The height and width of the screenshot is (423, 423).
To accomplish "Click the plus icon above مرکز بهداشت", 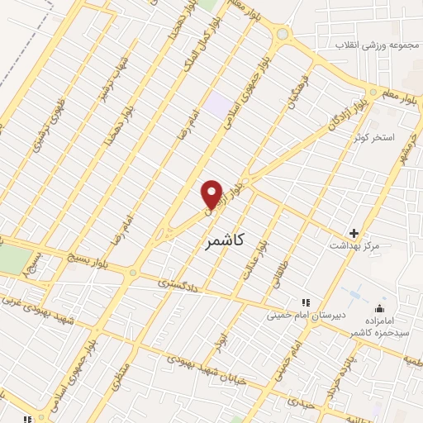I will tap(354, 233).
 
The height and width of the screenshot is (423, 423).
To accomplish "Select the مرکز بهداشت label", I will tap(354, 246).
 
